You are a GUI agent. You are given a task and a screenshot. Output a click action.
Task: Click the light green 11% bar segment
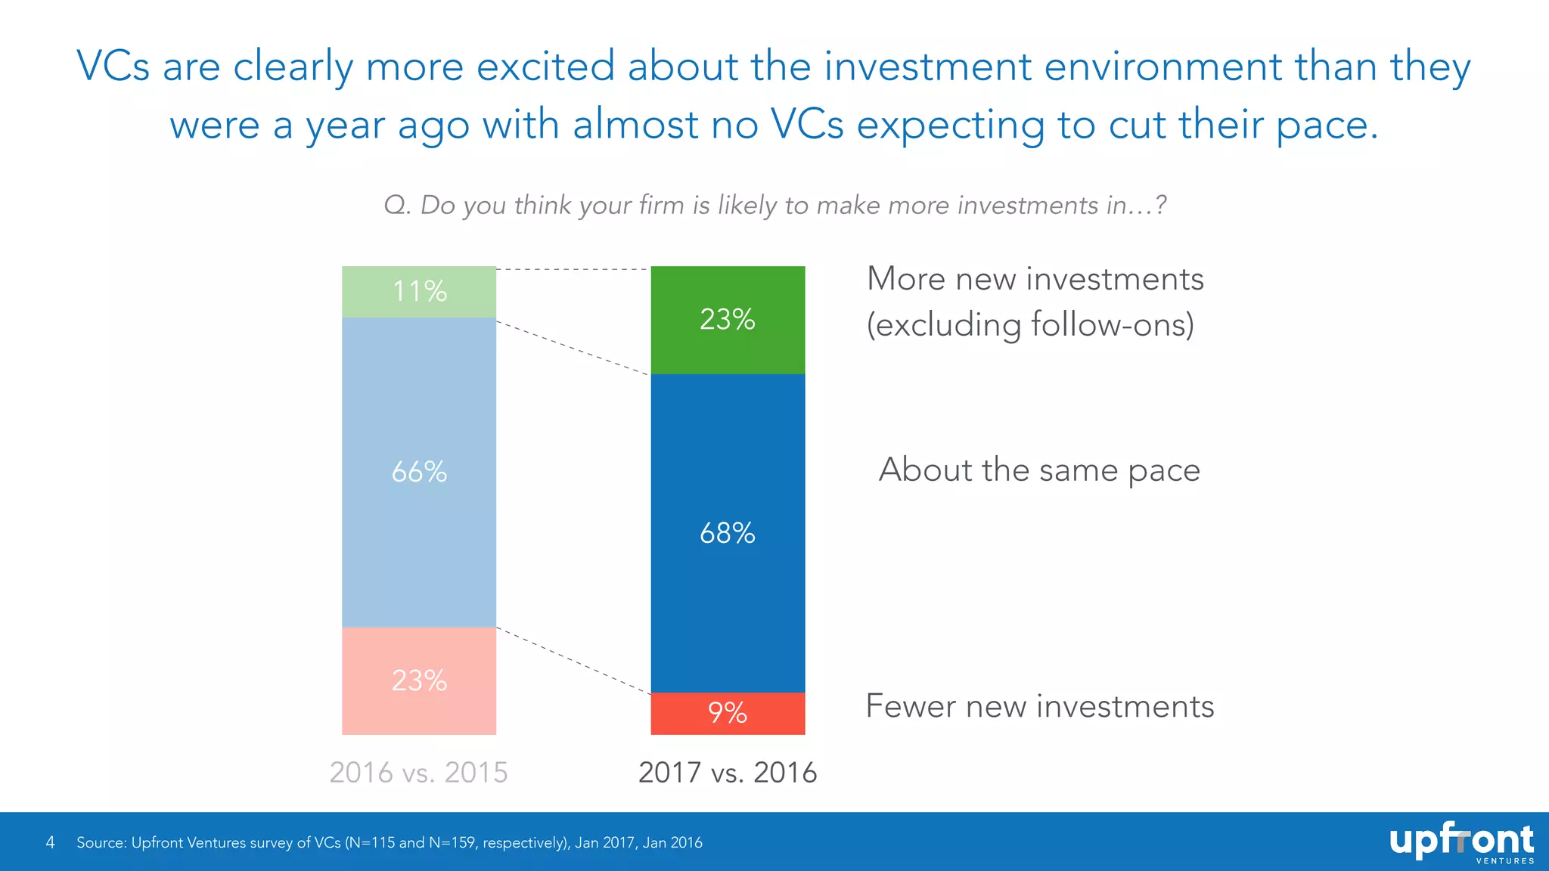419,292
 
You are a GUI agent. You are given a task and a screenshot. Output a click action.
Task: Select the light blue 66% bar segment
419,472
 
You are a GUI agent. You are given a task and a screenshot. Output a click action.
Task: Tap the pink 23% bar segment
419,680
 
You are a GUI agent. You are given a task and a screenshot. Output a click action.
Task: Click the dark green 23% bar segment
728,320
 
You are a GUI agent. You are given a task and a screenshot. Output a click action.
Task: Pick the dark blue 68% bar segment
728,533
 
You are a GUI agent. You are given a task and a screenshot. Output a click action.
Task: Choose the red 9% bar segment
728,713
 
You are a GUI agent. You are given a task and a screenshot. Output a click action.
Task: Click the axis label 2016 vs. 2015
418,772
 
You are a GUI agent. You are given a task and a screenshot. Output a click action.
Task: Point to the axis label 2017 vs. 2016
728,772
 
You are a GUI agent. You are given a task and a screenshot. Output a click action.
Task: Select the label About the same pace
1039,470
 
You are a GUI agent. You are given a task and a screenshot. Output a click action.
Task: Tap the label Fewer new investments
1039,706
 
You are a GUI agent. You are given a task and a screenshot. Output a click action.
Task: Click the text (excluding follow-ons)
1030,325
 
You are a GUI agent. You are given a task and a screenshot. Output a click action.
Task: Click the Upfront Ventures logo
1461,842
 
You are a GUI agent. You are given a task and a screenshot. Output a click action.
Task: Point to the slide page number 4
51,842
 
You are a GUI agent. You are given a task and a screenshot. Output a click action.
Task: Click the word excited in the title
545,67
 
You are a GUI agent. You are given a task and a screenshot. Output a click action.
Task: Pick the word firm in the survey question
661,205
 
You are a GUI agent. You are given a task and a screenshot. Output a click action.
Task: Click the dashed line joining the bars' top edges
573,269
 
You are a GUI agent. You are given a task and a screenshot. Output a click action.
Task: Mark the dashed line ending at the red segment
573,661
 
